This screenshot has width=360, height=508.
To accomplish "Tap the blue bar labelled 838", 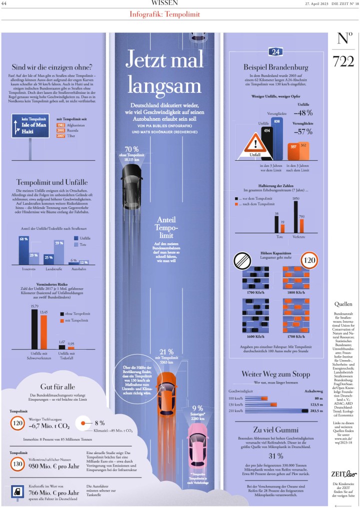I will (x=277, y=138).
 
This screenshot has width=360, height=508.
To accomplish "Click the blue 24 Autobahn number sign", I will (x=275, y=52).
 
